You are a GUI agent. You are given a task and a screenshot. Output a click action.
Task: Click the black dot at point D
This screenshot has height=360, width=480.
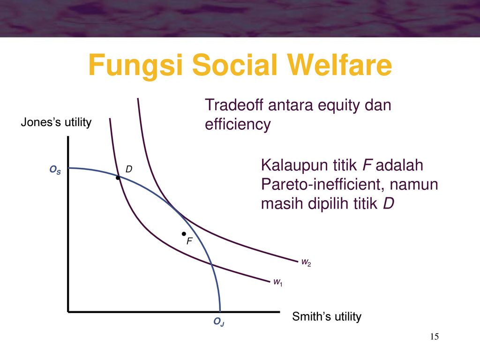(118, 178)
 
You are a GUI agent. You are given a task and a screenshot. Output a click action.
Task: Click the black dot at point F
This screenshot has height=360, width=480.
(184, 234)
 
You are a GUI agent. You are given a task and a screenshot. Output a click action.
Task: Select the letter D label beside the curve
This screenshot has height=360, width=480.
(129, 169)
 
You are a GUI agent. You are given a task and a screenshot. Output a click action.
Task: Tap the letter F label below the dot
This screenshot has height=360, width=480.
(189, 241)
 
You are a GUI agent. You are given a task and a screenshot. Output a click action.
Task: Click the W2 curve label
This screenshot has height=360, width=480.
(306, 262)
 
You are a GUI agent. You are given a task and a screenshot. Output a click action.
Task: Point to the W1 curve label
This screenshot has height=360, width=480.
(278, 282)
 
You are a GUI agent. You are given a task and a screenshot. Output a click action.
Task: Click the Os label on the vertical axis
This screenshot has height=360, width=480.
(55, 170)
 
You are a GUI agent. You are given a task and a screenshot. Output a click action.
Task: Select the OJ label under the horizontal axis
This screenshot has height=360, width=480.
(219, 322)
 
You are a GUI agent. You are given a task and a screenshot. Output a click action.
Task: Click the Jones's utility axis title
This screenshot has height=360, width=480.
(56, 122)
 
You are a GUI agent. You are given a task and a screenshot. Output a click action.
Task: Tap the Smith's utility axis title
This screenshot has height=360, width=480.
(327, 316)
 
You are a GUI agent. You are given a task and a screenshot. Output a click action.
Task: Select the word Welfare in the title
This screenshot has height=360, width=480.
(339, 65)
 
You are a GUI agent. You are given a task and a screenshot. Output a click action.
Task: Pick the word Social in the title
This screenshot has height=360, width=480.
(235, 65)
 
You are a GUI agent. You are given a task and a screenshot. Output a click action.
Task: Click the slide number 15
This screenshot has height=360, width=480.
(435, 337)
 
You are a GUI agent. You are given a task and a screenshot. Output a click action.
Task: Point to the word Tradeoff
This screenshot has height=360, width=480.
(234, 105)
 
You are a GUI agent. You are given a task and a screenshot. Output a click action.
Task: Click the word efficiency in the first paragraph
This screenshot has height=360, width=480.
(238, 125)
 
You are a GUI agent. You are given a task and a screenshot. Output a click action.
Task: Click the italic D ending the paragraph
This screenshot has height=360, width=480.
(389, 203)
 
